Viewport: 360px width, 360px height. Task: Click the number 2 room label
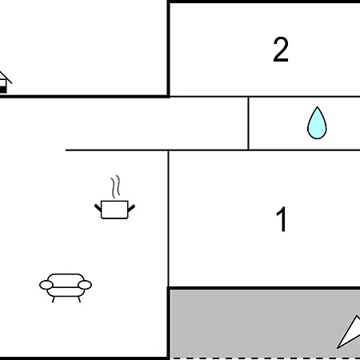(x=280, y=50)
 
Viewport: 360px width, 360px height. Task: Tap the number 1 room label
(x=281, y=219)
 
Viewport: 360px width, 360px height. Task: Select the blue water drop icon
(x=318, y=124)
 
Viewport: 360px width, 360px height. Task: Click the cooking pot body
(x=114, y=210)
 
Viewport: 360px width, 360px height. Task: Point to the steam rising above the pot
(x=117, y=187)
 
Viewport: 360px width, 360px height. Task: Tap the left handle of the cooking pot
(x=98, y=208)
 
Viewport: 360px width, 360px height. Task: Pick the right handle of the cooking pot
(x=131, y=208)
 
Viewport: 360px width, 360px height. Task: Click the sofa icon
(x=66, y=286)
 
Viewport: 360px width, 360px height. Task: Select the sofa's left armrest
(x=46, y=285)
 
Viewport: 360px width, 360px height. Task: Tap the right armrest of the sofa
(x=85, y=285)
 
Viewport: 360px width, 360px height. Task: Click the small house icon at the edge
(x=5, y=82)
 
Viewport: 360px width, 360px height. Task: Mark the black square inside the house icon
(x=2, y=89)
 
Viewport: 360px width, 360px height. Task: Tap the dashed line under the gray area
(x=256, y=358)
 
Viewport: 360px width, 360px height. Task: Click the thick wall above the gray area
(x=256, y=288)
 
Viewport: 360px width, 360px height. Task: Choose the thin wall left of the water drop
(x=249, y=123)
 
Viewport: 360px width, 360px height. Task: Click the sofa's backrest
(x=66, y=278)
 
